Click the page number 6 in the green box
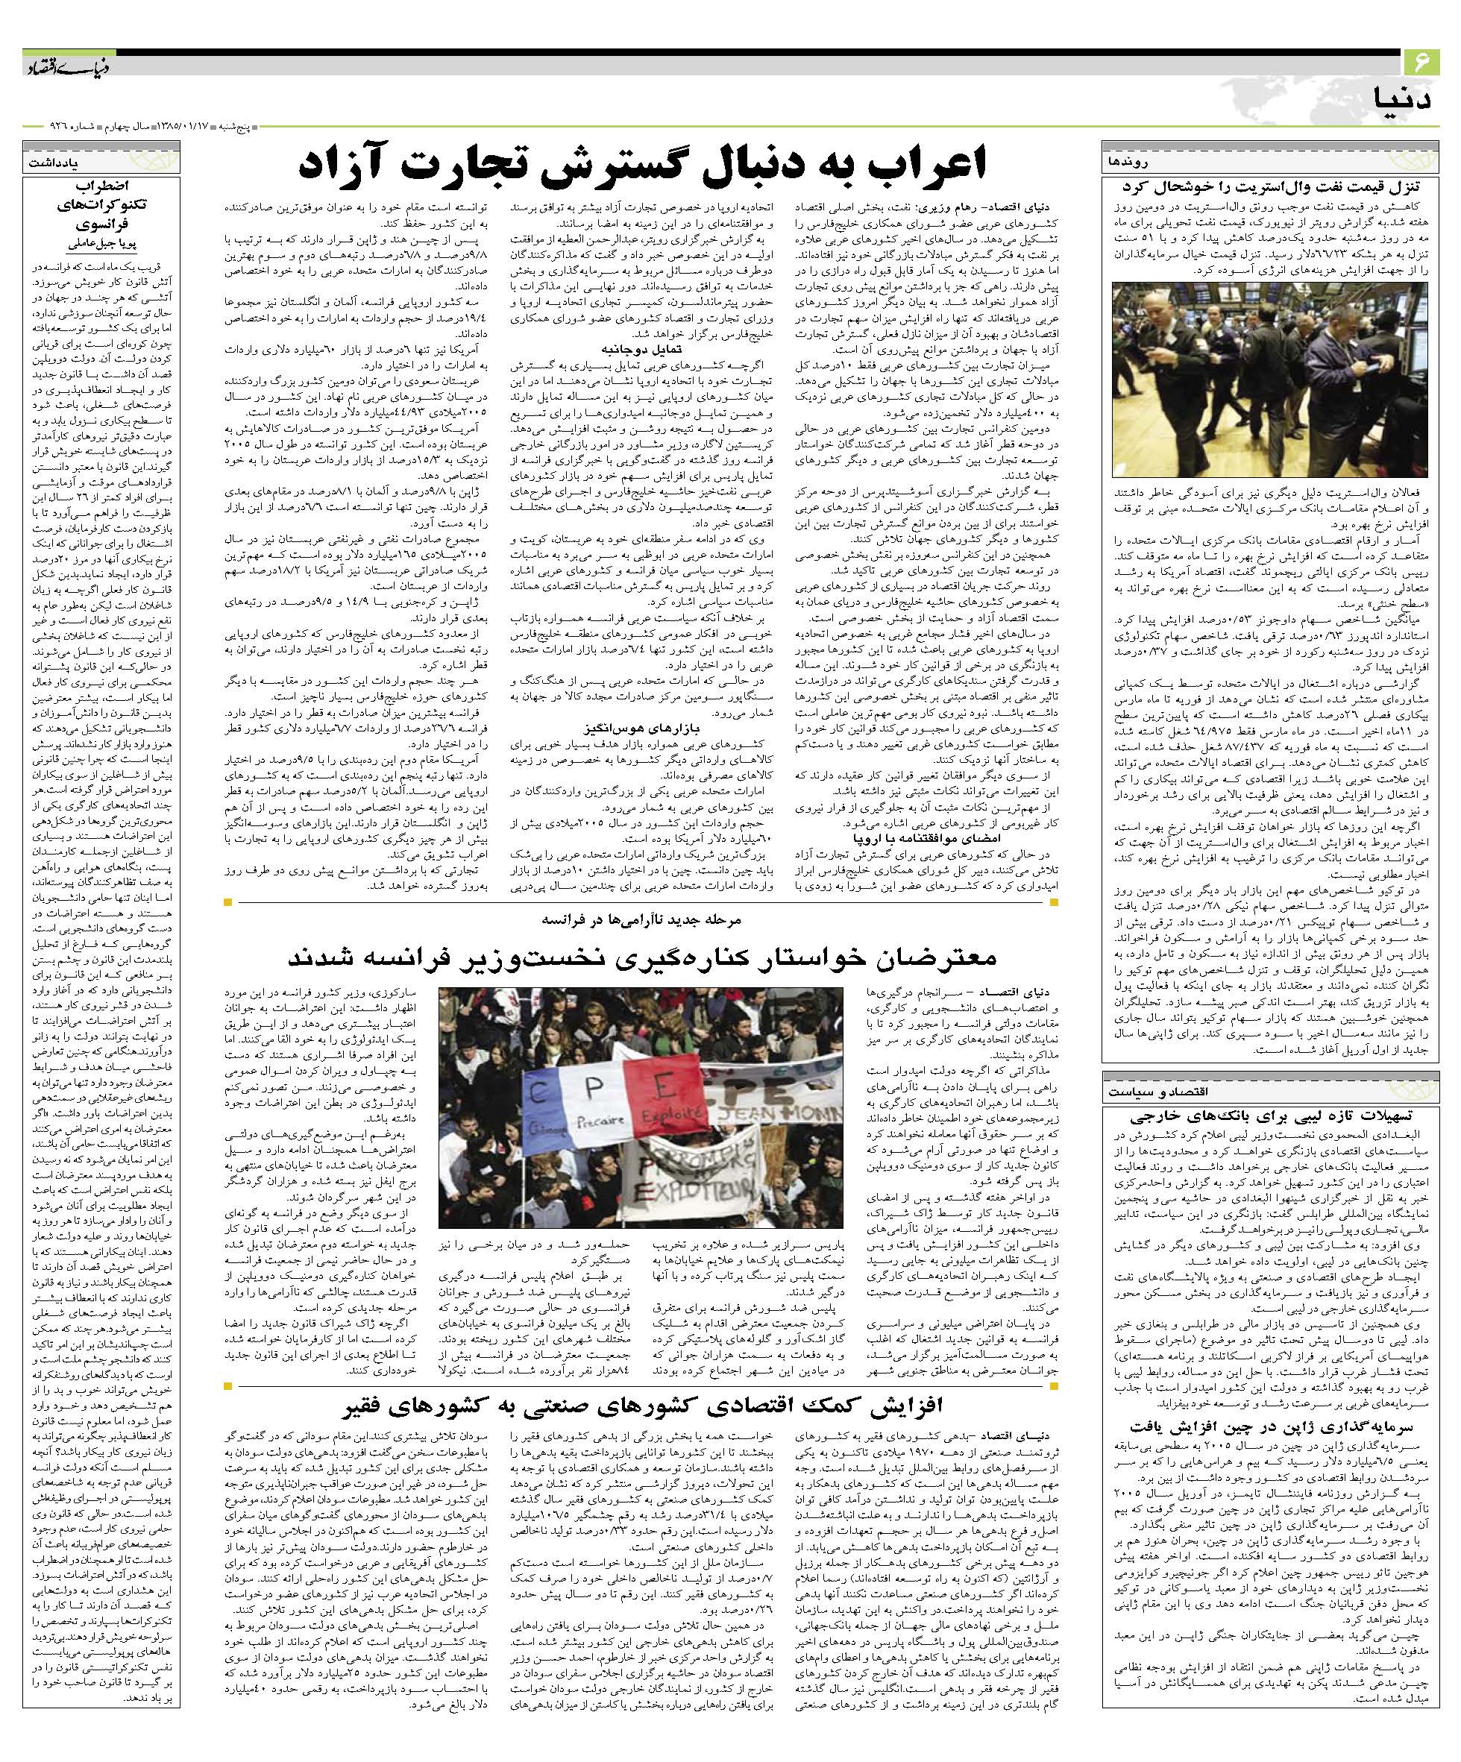(x=1421, y=61)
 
